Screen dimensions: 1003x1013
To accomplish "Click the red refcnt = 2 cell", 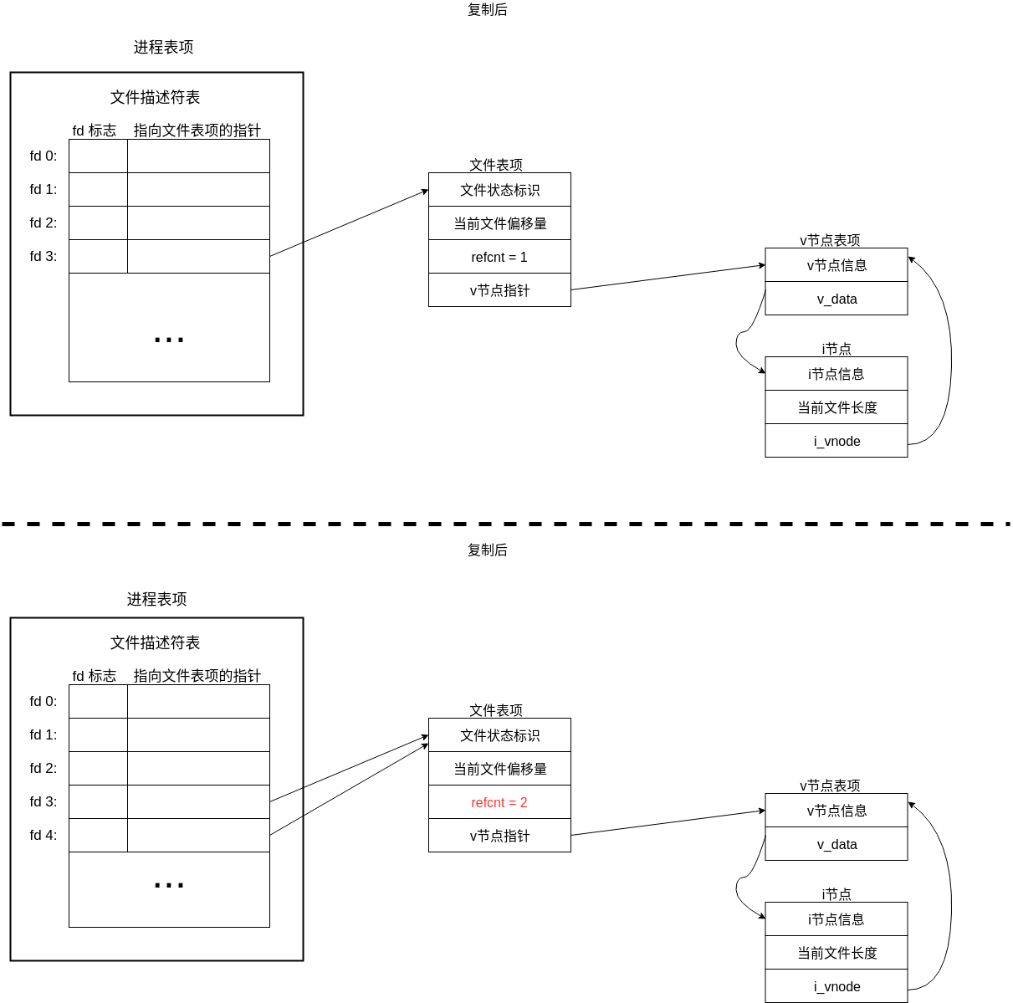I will pyautogui.click(x=499, y=802).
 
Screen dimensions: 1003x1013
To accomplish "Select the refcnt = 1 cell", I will pyautogui.click(x=499, y=257).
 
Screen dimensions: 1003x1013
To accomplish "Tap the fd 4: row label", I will pyautogui.click(x=43, y=835).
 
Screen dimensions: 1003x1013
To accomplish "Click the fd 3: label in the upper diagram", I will pyautogui.click(x=43, y=256).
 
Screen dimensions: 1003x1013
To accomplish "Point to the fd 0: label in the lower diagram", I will pyautogui.click(x=43, y=701).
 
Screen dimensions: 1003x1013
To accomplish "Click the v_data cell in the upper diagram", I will pyautogui.click(x=836, y=299).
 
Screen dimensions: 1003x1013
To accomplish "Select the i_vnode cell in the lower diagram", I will pyautogui.click(x=836, y=986).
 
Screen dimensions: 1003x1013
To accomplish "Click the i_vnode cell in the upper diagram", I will pyautogui.click(x=836, y=441).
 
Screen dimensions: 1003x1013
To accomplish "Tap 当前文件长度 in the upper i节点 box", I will pyautogui.click(x=836, y=407).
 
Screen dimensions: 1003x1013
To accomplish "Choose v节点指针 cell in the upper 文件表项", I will pyautogui.click(x=499, y=290).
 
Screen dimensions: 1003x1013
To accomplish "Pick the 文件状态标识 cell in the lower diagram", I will pyautogui.click(x=499, y=735).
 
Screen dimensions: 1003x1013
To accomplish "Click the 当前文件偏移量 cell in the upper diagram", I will pyautogui.click(x=499, y=223).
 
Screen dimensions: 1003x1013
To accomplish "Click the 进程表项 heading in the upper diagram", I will pyautogui.click(x=163, y=48).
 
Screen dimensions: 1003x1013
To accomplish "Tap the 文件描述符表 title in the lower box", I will pyautogui.click(x=156, y=642).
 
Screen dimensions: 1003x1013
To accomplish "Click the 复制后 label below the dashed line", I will pyautogui.click(x=487, y=550).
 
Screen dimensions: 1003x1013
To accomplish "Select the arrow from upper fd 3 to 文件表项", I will pyautogui.click(x=349, y=223).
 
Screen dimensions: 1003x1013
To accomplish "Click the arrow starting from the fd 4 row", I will pyautogui.click(x=349, y=789).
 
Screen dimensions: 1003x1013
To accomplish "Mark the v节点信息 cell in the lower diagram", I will pyautogui.click(x=836, y=811).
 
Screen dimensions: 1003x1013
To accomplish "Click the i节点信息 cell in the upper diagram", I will pyautogui.click(x=836, y=374).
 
